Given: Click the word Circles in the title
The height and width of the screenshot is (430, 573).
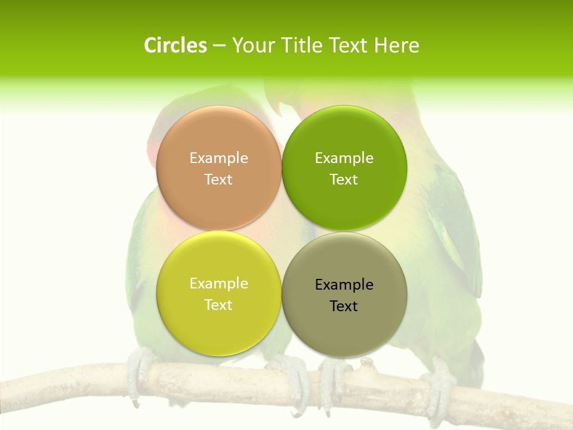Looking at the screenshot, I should (x=175, y=45).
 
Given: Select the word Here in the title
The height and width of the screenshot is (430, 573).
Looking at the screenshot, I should (x=396, y=45).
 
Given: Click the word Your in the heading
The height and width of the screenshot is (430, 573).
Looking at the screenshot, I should (x=252, y=45).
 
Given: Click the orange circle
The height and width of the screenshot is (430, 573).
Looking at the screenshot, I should (x=218, y=168).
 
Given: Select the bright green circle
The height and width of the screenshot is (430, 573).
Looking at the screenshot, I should (x=344, y=168).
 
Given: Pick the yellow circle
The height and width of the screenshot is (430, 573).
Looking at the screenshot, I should (x=218, y=294).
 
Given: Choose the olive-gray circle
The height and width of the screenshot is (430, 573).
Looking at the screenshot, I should (x=344, y=295).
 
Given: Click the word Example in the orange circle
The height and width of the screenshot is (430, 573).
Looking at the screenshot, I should (x=218, y=158).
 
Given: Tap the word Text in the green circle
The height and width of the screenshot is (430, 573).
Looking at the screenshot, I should (x=344, y=180).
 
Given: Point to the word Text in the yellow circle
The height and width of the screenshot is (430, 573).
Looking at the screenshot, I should (x=218, y=305).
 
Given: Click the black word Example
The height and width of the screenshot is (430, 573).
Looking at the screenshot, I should (x=344, y=285).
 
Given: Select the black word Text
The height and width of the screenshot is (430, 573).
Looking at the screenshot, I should (x=344, y=306).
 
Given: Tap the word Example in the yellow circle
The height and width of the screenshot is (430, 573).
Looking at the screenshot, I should (x=218, y=284).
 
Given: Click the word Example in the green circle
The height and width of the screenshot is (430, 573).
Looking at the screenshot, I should (x=344, y=158).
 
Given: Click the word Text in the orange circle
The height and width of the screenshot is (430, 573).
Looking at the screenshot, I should (x=218, y=180).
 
